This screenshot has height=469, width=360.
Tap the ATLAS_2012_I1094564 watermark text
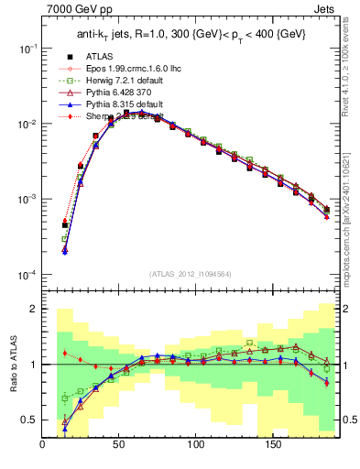coord(191,273)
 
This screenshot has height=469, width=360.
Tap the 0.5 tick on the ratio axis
coord(29,420)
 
